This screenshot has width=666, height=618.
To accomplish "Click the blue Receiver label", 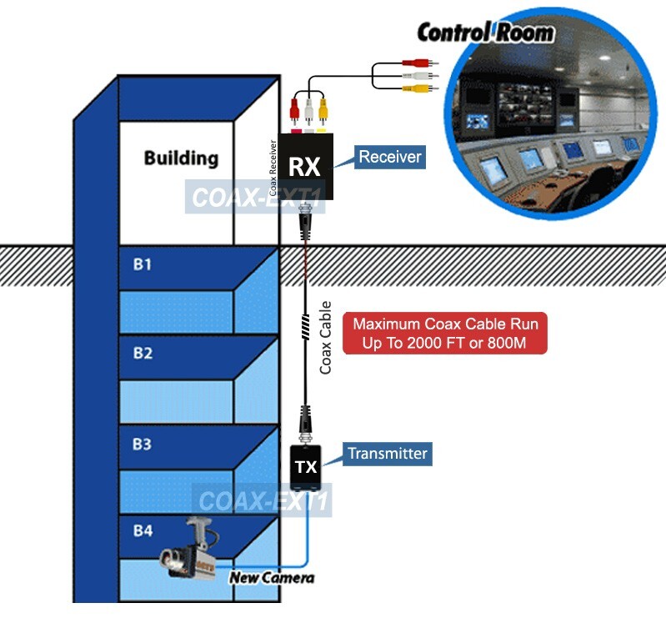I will click(x=389, y=157).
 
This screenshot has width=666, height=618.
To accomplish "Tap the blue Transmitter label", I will click(x=387, y=454).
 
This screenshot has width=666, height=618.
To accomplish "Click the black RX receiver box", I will click(x=305, y=166).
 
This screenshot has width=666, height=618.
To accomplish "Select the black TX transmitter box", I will click(x=306, y=467).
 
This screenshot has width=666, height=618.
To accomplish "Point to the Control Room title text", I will click(x=484, y=33).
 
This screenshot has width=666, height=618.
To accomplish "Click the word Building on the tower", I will click(x=181, y=158).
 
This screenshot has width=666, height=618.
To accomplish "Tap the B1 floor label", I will click(x=143, y=264).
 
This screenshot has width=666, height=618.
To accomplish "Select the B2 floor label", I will click(x=143, y=354).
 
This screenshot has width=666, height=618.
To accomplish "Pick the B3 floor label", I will click(x=143, y=445).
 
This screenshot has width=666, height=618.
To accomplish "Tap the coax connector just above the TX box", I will click(x=306, y=420).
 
